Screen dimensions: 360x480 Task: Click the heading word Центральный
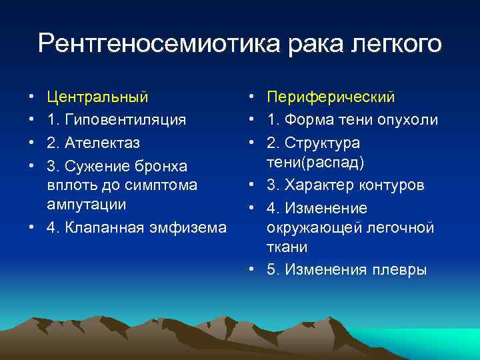point(97,97)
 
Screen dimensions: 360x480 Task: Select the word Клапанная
point(107,227)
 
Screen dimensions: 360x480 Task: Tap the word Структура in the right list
point(323,143)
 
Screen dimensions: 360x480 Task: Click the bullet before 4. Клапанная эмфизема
point(32,227)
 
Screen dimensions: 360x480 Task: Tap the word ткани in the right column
point(287,247)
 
